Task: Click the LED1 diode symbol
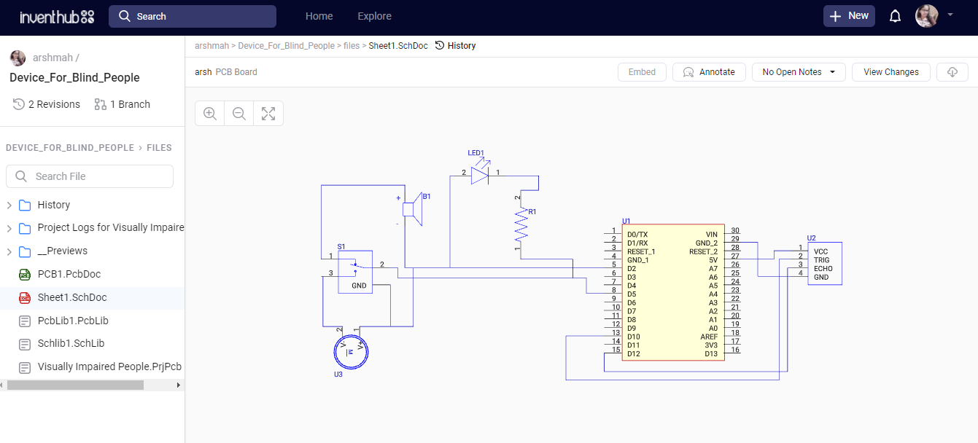tap(479, 175)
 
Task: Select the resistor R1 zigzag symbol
tap(521, 225)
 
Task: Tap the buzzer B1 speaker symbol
tap(412, 210)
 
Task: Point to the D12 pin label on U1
tap(633, 353)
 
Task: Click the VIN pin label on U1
tap(711, 235)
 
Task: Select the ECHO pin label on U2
tap(823, 269)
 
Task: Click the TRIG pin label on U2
tap(821, 260)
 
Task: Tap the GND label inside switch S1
tap(359, 286)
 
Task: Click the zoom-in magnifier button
tap(210, 114)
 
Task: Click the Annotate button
tap(709, 72)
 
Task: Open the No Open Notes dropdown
tap(799, 72)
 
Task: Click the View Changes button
tap(890, 72)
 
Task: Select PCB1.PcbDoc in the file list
tap(69, 274)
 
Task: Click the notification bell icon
tap(895, 16)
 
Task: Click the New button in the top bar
tap(849, 16)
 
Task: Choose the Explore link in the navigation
tap(374, 16)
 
